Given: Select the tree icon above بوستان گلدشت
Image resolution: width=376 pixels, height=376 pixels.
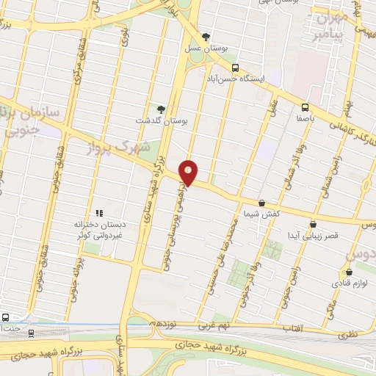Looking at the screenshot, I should (162, 109).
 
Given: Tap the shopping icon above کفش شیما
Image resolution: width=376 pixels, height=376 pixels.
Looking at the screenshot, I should (261, 203).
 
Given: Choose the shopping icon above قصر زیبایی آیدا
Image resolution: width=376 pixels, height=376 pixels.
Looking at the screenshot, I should (314, 224).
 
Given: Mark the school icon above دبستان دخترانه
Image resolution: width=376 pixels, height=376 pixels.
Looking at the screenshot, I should (98, 213).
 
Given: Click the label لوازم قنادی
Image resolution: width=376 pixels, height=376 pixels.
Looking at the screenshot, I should (355, 282).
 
